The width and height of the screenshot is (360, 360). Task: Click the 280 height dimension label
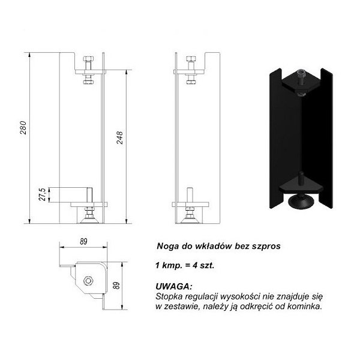(23, 127)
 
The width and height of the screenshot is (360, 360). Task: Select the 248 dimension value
(119, 137)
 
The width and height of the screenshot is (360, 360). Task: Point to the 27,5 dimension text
(42, 194)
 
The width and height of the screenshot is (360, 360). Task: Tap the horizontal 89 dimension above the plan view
(83, 242)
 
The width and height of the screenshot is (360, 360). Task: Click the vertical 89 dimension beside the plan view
(116, 286)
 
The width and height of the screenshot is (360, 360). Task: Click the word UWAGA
(173, 287)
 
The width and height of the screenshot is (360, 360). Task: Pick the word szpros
(266, 247)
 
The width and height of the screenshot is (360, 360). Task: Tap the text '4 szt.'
(203, 266)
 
